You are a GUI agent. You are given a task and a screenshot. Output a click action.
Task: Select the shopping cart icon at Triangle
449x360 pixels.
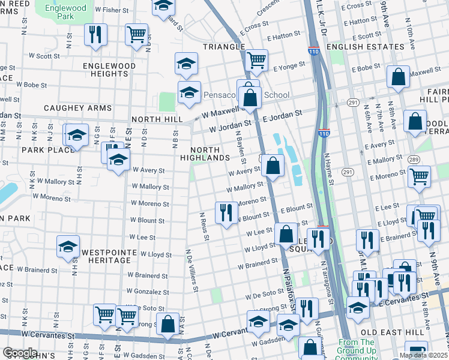tap(256, 60)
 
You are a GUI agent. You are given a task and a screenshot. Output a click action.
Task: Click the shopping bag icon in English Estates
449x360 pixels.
tap(398, 77)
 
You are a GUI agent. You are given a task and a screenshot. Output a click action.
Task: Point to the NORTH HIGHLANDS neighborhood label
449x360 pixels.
tap(210, 154)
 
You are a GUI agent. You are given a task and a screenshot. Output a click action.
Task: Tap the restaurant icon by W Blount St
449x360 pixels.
tap(226, 213)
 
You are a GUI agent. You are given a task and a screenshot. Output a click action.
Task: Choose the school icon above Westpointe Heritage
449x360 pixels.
tap(68, 246)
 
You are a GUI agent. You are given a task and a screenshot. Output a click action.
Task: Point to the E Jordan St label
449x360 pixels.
tap(282, 116)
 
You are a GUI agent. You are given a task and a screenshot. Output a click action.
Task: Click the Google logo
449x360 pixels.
tap(20, 353)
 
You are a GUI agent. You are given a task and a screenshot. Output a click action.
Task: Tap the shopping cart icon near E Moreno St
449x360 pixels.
tap(419, 176)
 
